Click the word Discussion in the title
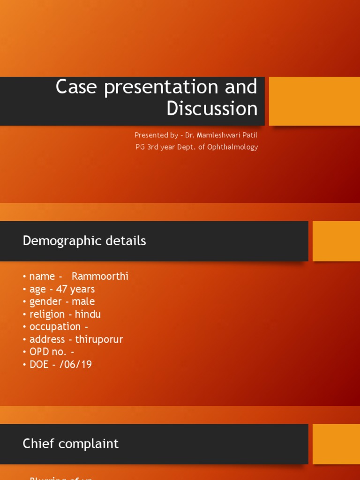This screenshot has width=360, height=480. pos(212,109)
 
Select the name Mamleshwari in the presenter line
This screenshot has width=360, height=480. pos(217,135)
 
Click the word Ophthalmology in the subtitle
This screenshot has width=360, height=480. pos(233,147)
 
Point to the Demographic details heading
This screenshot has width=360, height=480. pos(84,241)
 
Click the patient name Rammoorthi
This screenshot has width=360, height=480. pos(100,277)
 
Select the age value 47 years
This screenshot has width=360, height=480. pos(75,289)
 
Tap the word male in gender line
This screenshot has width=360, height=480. pos(83,302)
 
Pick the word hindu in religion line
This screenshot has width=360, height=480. pos(88,315)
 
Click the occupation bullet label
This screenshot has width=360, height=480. pos(55,327)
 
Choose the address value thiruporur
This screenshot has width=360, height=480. pos(99,339)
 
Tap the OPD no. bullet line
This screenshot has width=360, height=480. pos(49,352)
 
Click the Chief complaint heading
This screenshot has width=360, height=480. pos(70,444)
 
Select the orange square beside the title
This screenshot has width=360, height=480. pos(314,101)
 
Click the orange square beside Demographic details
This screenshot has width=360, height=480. pos(336,241)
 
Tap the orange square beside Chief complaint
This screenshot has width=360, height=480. pos(336,444)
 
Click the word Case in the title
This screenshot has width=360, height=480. pos(77,88)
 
